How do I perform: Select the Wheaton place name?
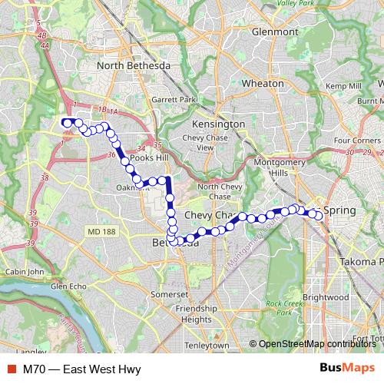pos(262,82)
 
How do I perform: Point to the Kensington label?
pos(220,124)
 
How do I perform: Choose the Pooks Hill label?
pos(147,157)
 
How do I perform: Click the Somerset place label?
pos(170,294)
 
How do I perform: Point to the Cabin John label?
pos(26,271)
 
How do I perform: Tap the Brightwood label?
pos(325,296)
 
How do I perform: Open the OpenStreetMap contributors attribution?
pos(316,344)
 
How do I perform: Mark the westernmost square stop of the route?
pos(67,121)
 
